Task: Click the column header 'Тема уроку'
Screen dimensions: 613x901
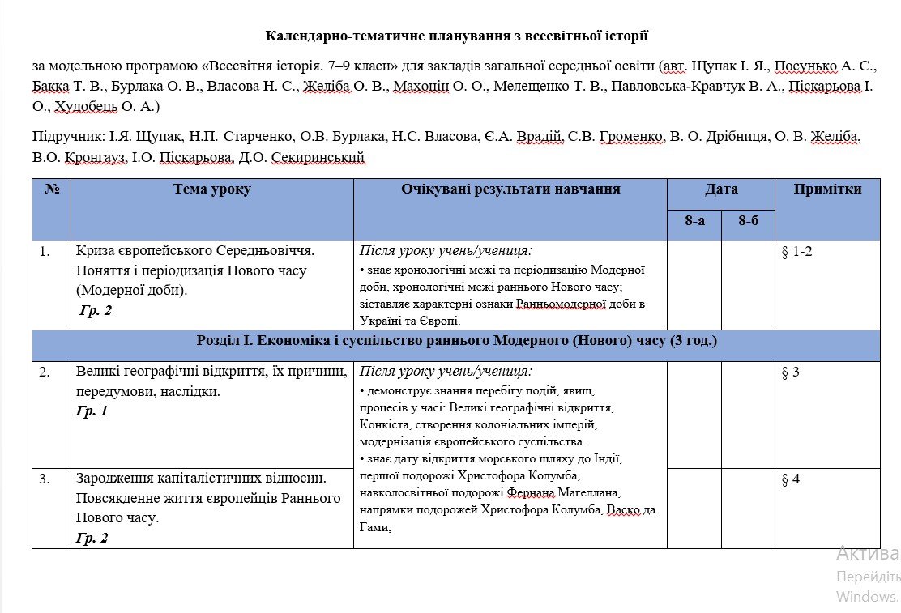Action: click(211, 189)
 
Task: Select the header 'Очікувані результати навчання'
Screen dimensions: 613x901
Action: click(510, 189)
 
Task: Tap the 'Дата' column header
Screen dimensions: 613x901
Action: click(721, 189)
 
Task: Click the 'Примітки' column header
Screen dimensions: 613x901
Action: click(827, 189)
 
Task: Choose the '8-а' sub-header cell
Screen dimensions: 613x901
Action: click(694, 220)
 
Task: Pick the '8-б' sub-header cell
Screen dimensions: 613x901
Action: click(748, 220)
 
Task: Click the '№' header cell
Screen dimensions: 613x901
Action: click(52, 189)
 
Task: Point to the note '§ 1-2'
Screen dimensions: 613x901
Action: click(796, 252)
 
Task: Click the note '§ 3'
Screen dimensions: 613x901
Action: click(790, 372)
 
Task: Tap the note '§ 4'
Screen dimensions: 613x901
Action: click(790, 479)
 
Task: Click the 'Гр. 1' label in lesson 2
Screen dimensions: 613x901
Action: click(92, 411)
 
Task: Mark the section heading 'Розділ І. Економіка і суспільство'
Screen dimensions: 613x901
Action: click(456, 341)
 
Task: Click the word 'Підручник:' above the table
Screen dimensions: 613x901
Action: click(64, 138)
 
